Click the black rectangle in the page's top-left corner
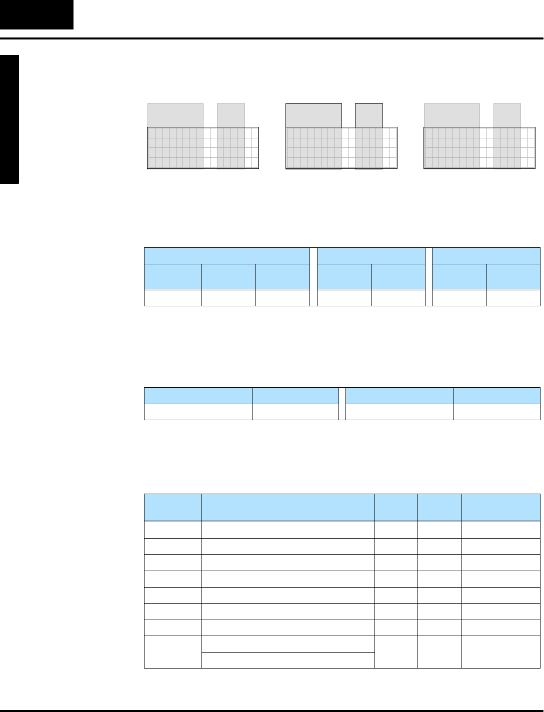(36, 14)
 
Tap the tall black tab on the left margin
(9, 120)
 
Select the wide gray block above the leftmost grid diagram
(175, 115)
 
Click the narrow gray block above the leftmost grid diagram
(231, 115)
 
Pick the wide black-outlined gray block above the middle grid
(313, 115)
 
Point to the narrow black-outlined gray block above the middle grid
(369, 115)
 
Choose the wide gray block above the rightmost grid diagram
(451, 115)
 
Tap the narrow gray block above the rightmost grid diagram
(507, 115)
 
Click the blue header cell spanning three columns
(226, 255)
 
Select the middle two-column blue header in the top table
(371, 255)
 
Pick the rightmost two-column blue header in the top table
(486, 255)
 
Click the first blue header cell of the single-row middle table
(198, 395)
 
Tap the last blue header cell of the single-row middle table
(497, 395)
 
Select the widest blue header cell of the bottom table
(288, 508)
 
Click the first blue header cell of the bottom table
(172, 508)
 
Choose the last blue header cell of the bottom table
(500, 508)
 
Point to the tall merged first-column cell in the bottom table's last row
(172, 652)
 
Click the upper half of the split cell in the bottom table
(288, 644)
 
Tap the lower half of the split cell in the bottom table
(288, 660)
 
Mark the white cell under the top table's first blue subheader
(172, 297)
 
